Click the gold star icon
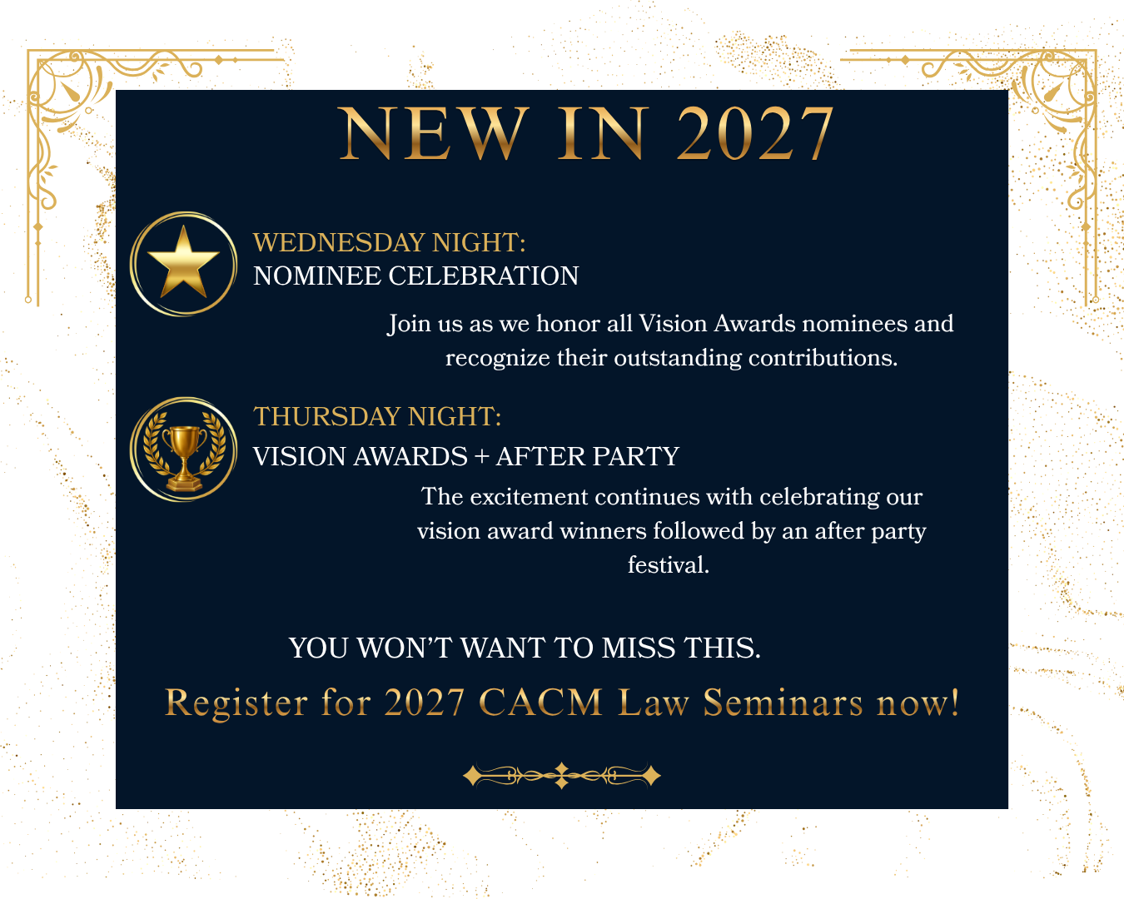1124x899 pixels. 183,264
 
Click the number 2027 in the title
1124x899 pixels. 754,134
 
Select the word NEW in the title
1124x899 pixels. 435,134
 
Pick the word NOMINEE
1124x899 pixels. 316,276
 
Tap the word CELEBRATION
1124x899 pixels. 483,276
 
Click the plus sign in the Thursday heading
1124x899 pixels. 481,457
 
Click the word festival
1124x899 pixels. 668,565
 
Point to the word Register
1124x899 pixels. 236,703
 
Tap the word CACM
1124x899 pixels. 540,703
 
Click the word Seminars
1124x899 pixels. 783,703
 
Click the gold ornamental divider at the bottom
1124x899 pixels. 561,776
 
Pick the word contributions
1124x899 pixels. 823,358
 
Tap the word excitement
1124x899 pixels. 529,497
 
